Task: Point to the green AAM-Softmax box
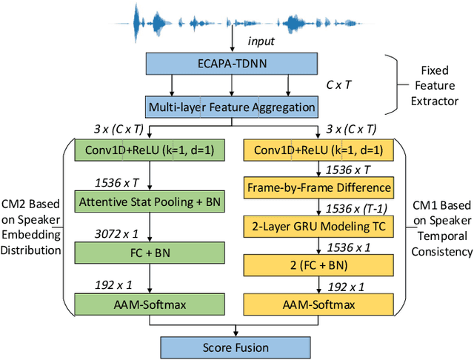click(x=150, y=304)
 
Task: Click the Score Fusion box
click(x=236, y=346)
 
